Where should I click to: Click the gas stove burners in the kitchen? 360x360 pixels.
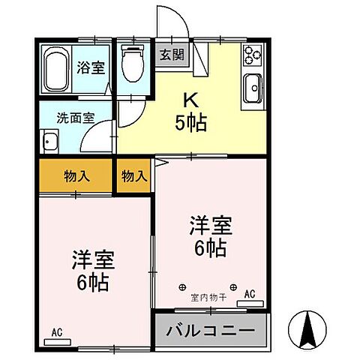pyautogui.click(x=250, y=55)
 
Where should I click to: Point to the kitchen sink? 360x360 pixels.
pyautogui.click(x=250, y=89)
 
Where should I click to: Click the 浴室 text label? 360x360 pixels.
pyautogui.click(x=90, y=67)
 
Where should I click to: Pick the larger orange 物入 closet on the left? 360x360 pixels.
pyautogui.click(x=76, y=177)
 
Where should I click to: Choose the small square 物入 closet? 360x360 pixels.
pyautogui.click(x=133, y=177)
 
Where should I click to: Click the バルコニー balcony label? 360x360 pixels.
pyautogui.click(x=211, y=330)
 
